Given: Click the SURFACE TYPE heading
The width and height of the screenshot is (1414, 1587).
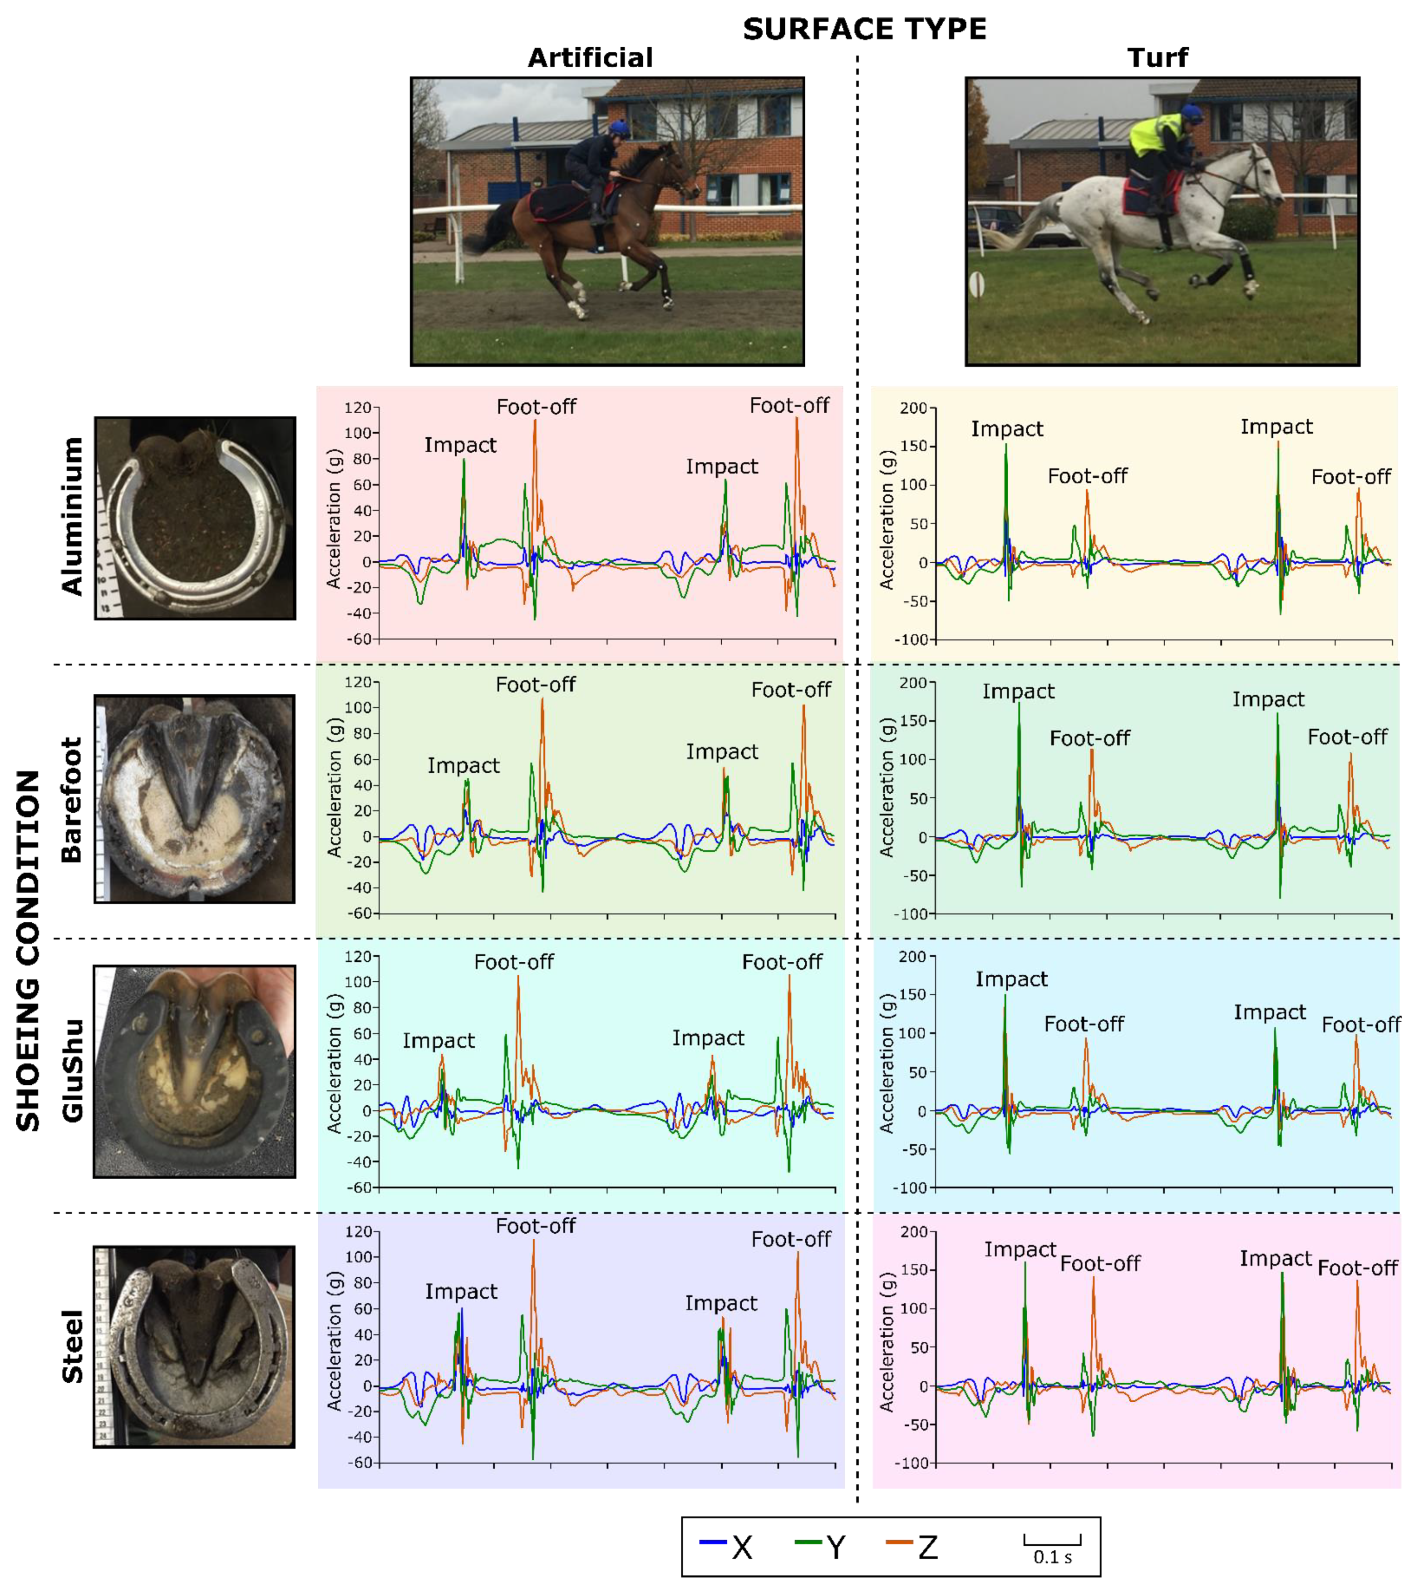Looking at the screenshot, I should [x=864, y=30].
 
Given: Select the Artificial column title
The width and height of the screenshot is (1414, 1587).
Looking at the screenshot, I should [x=591, y=58].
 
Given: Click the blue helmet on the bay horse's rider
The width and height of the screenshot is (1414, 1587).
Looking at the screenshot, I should [x=619, y=128].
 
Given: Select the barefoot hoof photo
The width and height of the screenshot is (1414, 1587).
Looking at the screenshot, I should [x=194, y=798].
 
